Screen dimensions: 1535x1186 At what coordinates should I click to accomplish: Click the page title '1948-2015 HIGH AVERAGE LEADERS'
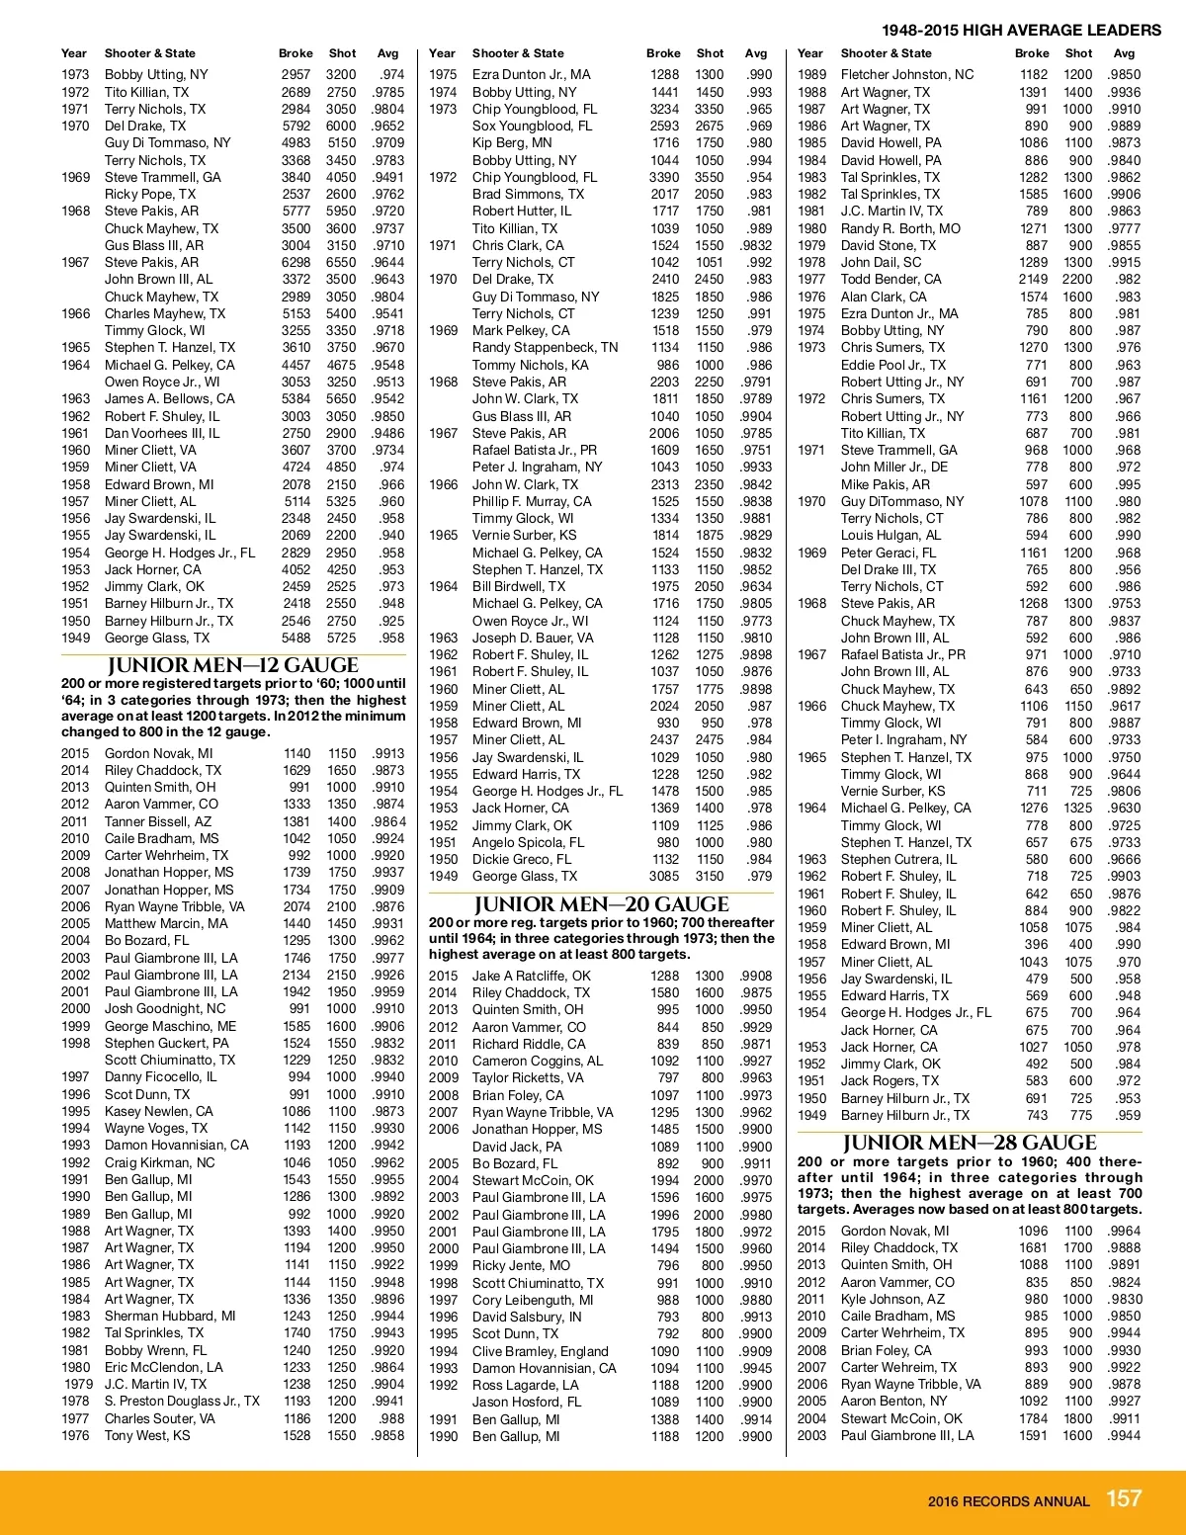(x=1021, y=30)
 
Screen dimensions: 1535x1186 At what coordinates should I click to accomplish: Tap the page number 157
(x=1124, y=1498)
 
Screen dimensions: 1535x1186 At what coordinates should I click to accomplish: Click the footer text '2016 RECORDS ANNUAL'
(x=1008, y=1501)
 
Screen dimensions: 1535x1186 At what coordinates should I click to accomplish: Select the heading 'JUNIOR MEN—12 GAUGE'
(x=232, y=665)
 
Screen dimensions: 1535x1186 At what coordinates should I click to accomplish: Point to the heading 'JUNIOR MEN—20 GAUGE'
(x=601, y=904)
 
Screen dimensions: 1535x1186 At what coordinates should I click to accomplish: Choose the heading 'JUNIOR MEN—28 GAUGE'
(x=970, y=1144)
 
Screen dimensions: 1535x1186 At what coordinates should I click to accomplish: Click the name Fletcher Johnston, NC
(x=906, y=74)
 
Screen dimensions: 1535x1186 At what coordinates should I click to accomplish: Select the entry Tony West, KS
(x=147, y=1435)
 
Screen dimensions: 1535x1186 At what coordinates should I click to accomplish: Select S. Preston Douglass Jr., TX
(x=182, y=1401)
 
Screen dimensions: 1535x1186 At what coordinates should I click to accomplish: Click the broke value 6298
(x=296, y=262)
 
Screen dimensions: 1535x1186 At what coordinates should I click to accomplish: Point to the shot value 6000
(x=341, y=126)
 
